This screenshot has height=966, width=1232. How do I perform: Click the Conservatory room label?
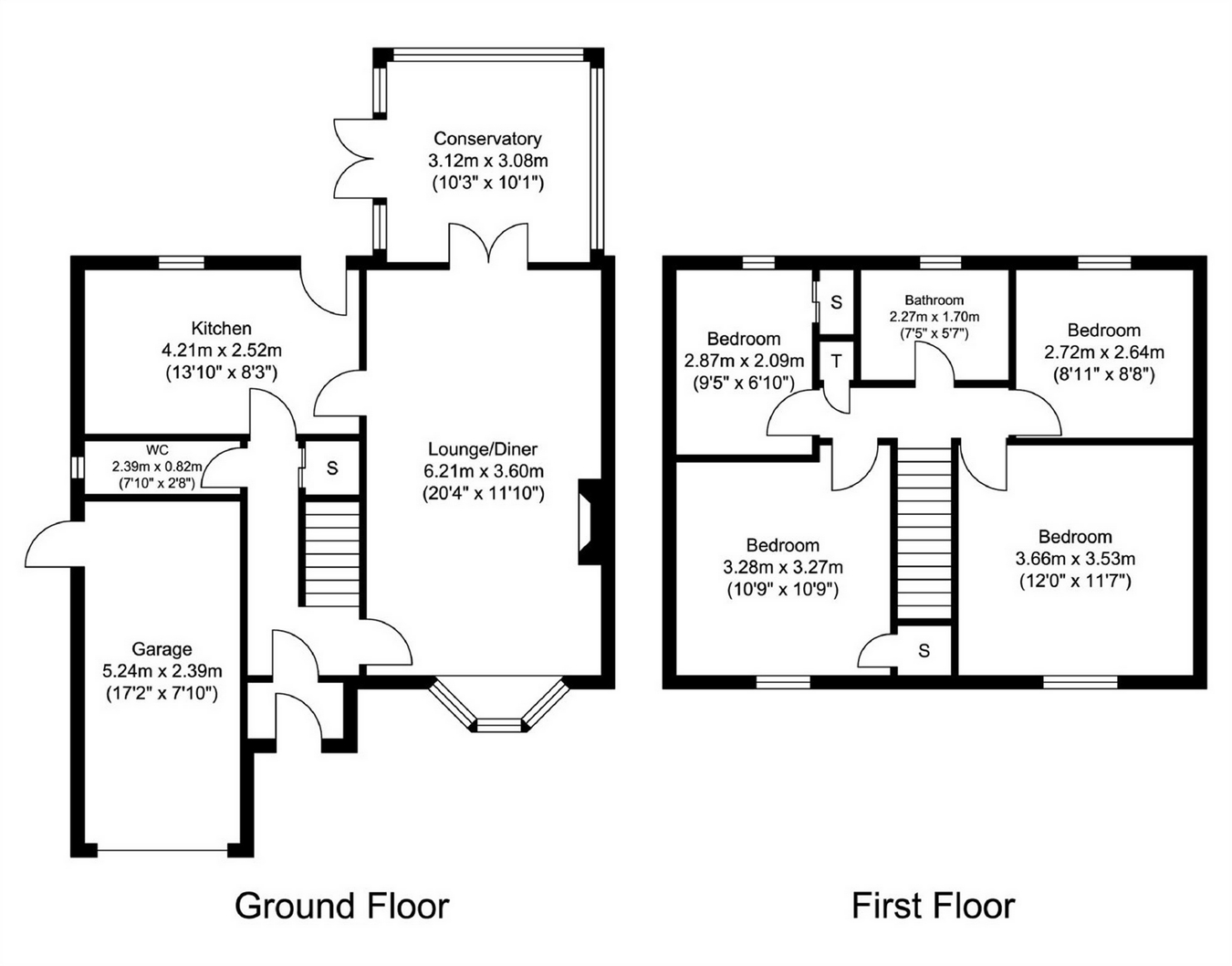point(487,139)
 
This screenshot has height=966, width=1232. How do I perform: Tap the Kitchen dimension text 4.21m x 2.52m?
point(222,350)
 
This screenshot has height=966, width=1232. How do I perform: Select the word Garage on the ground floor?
point(162,649)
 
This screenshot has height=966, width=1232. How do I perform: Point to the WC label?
point(157,450)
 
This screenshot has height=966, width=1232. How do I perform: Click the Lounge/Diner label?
point(483,449)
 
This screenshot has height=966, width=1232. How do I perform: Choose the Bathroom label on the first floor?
point(934,300)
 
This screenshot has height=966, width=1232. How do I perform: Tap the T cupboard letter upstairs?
point(836,361)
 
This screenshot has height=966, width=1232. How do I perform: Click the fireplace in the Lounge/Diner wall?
point(589,522)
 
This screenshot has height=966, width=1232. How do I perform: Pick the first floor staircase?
point(924,532)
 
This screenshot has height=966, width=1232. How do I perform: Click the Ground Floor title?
point(342,906)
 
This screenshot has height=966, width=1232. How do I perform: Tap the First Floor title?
point(934,906)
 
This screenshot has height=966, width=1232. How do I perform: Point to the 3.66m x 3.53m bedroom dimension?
point(1075,560)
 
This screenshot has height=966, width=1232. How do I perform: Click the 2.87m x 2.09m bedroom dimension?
point(744,361)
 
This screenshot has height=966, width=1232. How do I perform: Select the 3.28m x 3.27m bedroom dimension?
point(783,567)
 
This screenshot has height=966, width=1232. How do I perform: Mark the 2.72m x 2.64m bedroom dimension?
point(1104,352)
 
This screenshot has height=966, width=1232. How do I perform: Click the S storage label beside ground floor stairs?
point(332,468)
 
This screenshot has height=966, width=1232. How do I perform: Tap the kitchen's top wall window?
point(182,262)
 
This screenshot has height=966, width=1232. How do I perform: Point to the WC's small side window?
point(78,468)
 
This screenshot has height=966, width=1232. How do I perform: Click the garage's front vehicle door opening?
point(162,850)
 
